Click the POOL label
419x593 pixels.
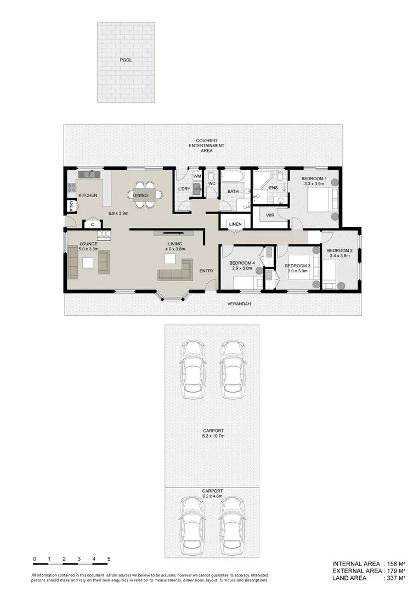click(x=126, y=60)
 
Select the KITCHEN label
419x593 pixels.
click(x=88, y=195)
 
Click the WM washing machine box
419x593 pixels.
click(x=197, y=176)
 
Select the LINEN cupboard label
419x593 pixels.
click(x=235, y=224)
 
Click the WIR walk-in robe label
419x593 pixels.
click(x=270, y=215)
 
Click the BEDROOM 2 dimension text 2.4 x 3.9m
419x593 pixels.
click(x=338, y=256)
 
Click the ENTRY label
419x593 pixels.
click(x=206, y=271)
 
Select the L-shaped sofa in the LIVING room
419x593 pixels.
click(x=175, y=272)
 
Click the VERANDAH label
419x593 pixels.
click(x=240, y=304)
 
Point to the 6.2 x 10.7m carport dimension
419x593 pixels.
click(x=212, y=436)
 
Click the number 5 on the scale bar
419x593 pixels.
click(x=109, y=559)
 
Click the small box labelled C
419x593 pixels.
click(x=93, y=224)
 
